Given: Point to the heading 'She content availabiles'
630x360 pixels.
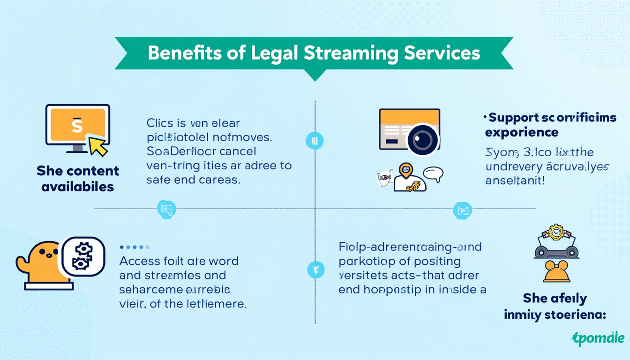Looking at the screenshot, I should point(78,179).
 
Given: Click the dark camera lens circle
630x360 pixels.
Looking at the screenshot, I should point(423,140).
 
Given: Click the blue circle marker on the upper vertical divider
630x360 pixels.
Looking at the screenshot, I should point(315,141).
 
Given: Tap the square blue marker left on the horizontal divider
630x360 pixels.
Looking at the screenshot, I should point(166,209).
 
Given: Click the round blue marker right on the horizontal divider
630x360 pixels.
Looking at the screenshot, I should point(462,210).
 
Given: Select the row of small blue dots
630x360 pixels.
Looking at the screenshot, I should point(135,247).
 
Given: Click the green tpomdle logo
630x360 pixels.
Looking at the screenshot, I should point(598,338).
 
